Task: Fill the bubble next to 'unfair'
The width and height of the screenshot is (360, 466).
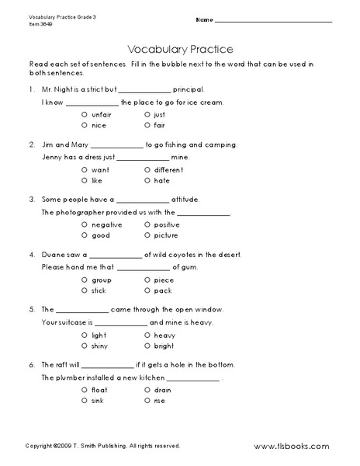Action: point(83,114)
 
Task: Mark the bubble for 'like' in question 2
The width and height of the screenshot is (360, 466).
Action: point(83,180)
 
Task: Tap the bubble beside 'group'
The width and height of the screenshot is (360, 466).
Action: point(83,279)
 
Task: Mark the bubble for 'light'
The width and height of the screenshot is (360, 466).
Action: point(83,334)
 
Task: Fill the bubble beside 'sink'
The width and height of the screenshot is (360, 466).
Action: point(83,400)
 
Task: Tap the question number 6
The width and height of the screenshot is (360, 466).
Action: point(32,364)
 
